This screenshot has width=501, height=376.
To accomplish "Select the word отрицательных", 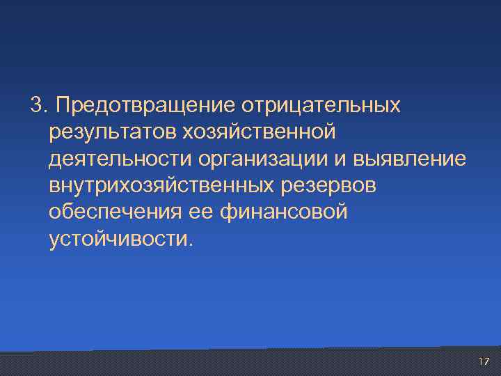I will pos(321,106).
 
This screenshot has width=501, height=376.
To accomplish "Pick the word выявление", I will pos(410,159).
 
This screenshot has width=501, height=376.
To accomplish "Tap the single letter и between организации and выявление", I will pos(341,159).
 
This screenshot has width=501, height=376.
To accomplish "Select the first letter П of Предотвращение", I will pos(64,106).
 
